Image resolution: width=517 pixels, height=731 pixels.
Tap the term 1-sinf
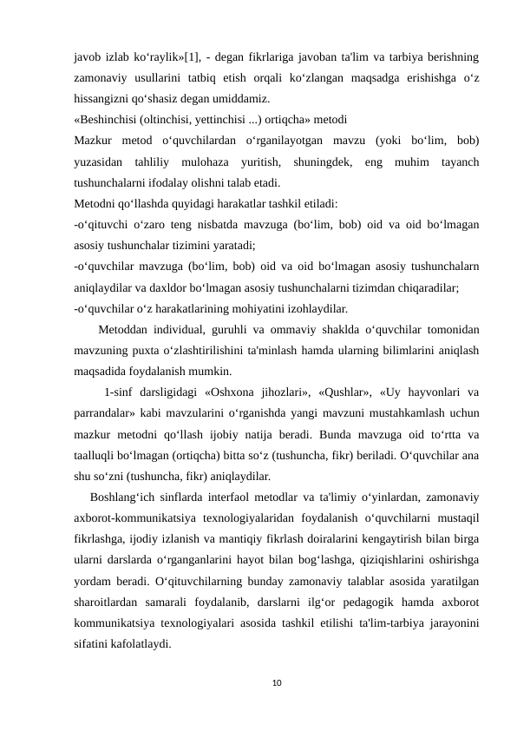coord(120,393)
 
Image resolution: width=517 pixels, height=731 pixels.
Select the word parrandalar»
coord(108,414)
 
